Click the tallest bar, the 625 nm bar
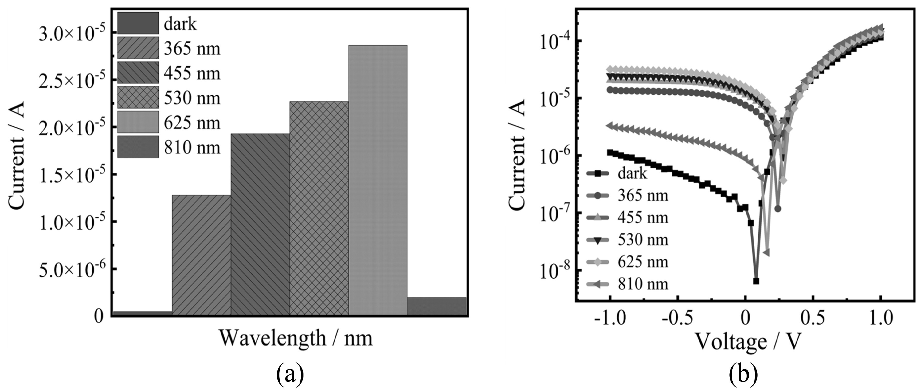378,179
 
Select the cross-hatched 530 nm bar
319,208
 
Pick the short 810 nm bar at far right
437,306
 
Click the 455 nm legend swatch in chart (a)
138,73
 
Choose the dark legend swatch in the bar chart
138,23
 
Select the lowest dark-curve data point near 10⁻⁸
756,281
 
